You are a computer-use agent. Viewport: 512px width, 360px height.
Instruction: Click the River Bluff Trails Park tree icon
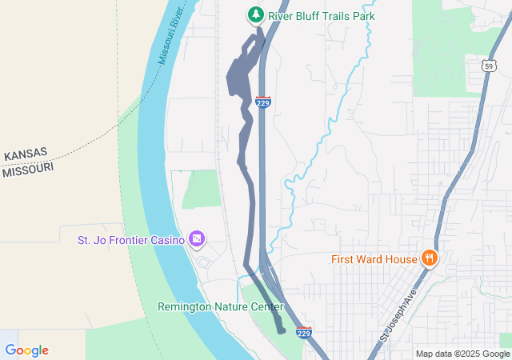[255, 14]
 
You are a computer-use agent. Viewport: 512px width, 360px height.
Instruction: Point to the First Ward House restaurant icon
[430, 258]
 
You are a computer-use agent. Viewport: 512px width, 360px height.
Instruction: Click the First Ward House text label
[374, 259]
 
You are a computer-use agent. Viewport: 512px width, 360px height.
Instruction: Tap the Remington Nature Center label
[221, 306]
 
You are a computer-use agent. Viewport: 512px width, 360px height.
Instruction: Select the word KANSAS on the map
[26, 154]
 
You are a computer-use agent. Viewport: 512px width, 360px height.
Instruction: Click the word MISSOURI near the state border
[27, 170]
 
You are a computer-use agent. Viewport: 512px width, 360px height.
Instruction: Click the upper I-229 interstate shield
[263, 102]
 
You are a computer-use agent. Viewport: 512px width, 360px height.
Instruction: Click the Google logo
[26, 350]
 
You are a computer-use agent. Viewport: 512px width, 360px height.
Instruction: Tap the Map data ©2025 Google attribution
[462, 354]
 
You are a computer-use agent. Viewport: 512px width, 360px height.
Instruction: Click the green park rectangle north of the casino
[203, 190]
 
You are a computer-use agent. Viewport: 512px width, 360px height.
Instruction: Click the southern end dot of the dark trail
[280, 329]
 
